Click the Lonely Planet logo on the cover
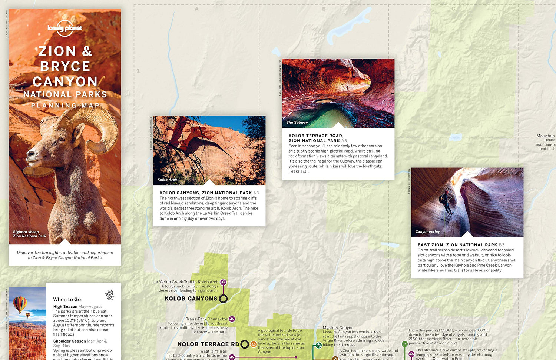click(x=65, y=28)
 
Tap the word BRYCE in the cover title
click(x=65, y=66)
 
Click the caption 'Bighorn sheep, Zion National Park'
click(x=30, y=234)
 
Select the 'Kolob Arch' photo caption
click(x=167, y=180)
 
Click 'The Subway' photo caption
click(x=297, y=123)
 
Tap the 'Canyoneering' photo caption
click(x=428, y=232)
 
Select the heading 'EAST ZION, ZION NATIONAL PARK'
click(x=457, y=245)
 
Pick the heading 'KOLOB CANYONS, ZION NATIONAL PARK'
click(x=206, y=193)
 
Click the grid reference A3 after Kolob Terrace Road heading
click(x=344, y=141)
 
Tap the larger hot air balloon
click(x=20, y=304)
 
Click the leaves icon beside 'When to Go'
click(x=110, y=295)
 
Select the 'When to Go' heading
click(x=67, y=299)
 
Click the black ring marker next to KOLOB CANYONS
click(x=223, y=299)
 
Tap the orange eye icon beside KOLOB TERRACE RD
click(x=253, y=344)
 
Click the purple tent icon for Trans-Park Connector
click(x=232, y=319)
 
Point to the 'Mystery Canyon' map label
click(x=338, y=328)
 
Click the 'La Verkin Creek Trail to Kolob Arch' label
click(x=186, y=282)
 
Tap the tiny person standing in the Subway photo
click(x=347, y=89)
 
